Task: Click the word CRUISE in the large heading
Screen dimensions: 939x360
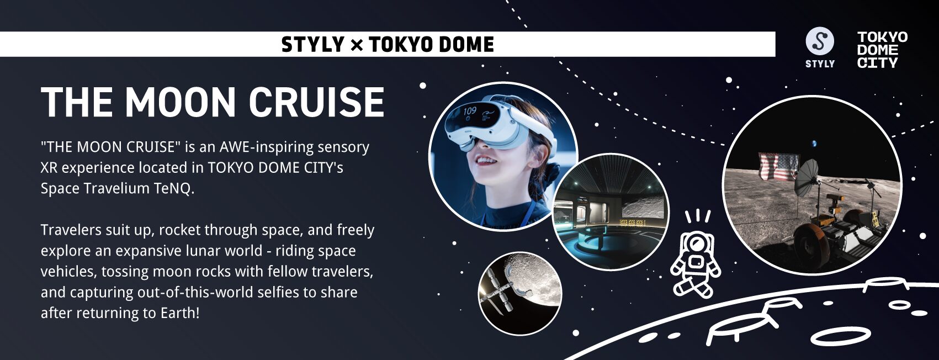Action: click(316, 102)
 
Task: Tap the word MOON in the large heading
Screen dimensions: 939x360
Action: click(181, 102)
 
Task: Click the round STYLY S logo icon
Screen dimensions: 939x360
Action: click(820, 41)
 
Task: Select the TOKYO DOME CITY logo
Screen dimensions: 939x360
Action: click(882, 50)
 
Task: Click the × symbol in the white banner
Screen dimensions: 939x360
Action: click(356, 44)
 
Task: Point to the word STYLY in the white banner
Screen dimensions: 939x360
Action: click(312, 44)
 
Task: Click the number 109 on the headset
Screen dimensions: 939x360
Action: click(469, 111)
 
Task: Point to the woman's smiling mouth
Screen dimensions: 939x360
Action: click(486, 161)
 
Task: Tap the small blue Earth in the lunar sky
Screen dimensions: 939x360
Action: click(814, 144)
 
